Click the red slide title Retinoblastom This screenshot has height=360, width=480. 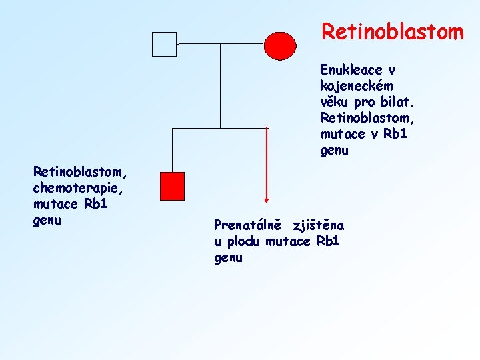tap(392, 31)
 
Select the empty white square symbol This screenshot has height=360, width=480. tap(164, 44)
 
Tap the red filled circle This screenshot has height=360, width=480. tap(280, 45)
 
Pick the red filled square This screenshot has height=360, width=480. tap(173, 186)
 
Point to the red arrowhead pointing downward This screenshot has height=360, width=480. tap(267, 198)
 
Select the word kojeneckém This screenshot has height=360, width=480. tap(356, 86)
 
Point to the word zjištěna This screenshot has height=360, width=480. tap(319, 225)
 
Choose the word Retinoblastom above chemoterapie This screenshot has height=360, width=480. tap(79, 172)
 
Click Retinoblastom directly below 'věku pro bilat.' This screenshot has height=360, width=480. tap(365, 118)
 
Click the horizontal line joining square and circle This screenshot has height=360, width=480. tap(220, 44)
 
